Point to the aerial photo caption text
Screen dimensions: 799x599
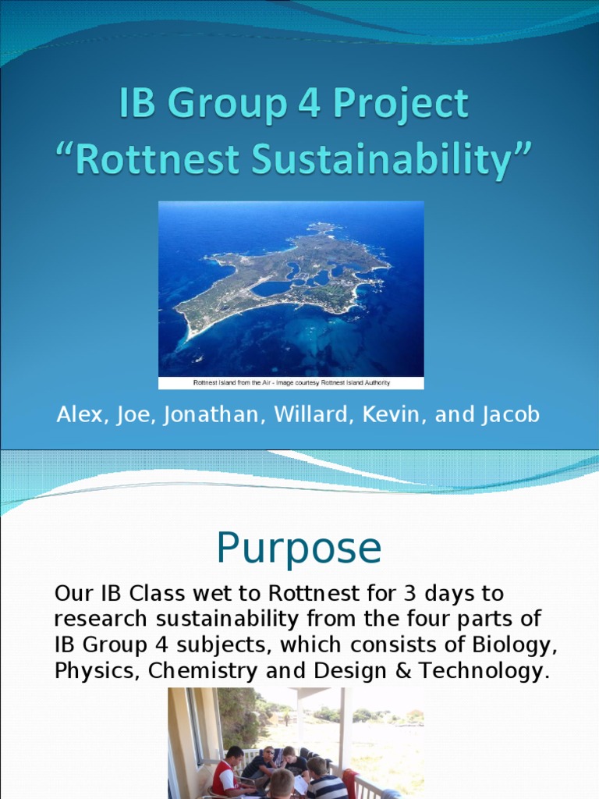pyautogui.click(x=291, y=382)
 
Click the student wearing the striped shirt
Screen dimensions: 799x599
pyautogui.click(x=325, y=783)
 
